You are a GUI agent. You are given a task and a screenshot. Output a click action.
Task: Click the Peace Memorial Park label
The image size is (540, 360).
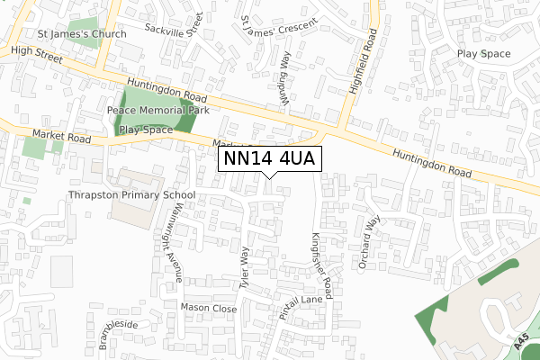point(157,110)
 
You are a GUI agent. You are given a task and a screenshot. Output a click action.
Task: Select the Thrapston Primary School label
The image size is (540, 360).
point(130,194)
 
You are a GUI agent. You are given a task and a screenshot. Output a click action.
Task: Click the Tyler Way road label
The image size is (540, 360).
point(243,268)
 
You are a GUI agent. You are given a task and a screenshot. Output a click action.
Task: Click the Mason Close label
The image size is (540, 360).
point(208,309)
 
